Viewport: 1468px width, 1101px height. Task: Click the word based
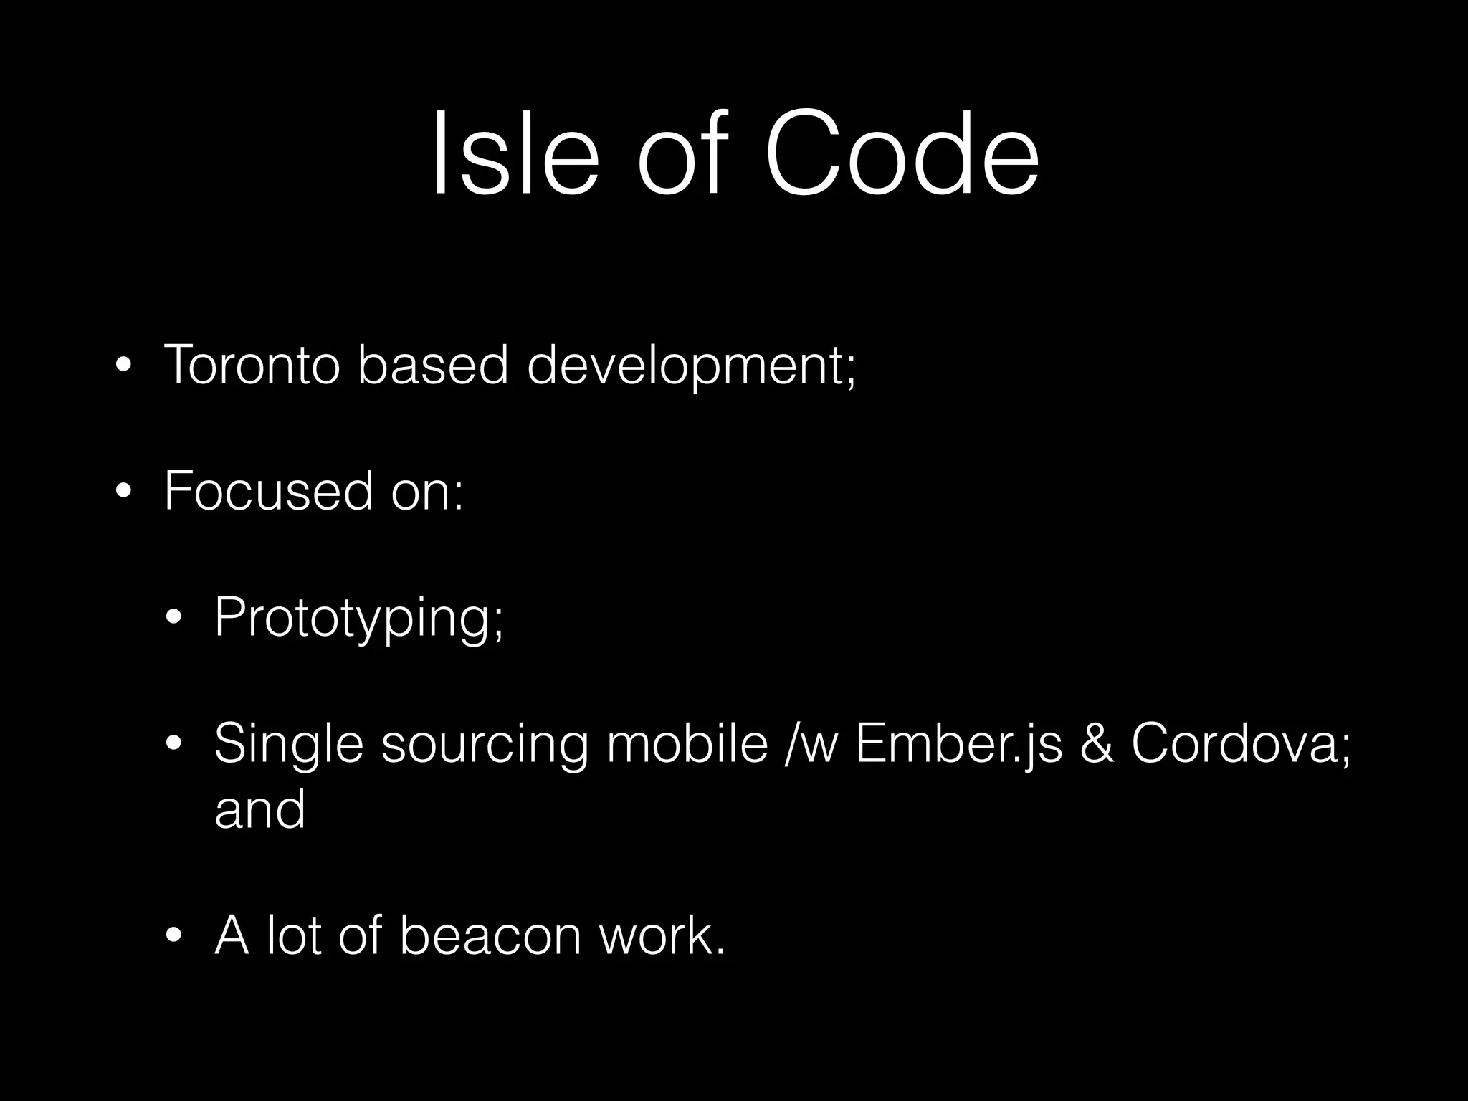[x=432, y=365]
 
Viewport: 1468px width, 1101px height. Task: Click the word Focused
[x=269, y=492]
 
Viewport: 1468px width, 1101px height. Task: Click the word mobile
[x=687, y=743]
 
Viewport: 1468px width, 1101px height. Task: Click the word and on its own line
[x=259, y=809]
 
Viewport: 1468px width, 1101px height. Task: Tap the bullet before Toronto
[x=124, y=366]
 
